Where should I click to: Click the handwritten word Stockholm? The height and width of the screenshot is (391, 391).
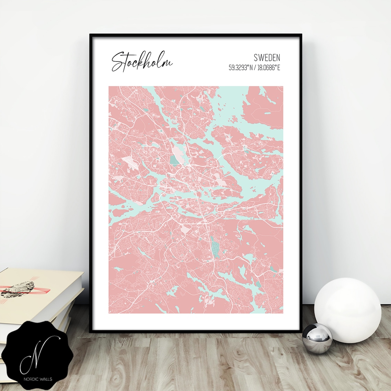click(x=141, y=62)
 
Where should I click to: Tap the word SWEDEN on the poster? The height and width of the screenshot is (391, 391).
click(x=267, y=57)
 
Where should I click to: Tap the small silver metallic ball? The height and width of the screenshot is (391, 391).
click(x=317, y=338)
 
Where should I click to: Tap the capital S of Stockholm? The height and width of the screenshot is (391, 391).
click(x=118, y=62)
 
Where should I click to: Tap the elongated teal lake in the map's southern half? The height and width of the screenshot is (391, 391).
click(x=215, y=246)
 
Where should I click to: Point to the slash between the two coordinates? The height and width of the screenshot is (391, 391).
click(x=255, y=68)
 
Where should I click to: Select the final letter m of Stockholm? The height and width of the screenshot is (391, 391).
click(x=168, y=64)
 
